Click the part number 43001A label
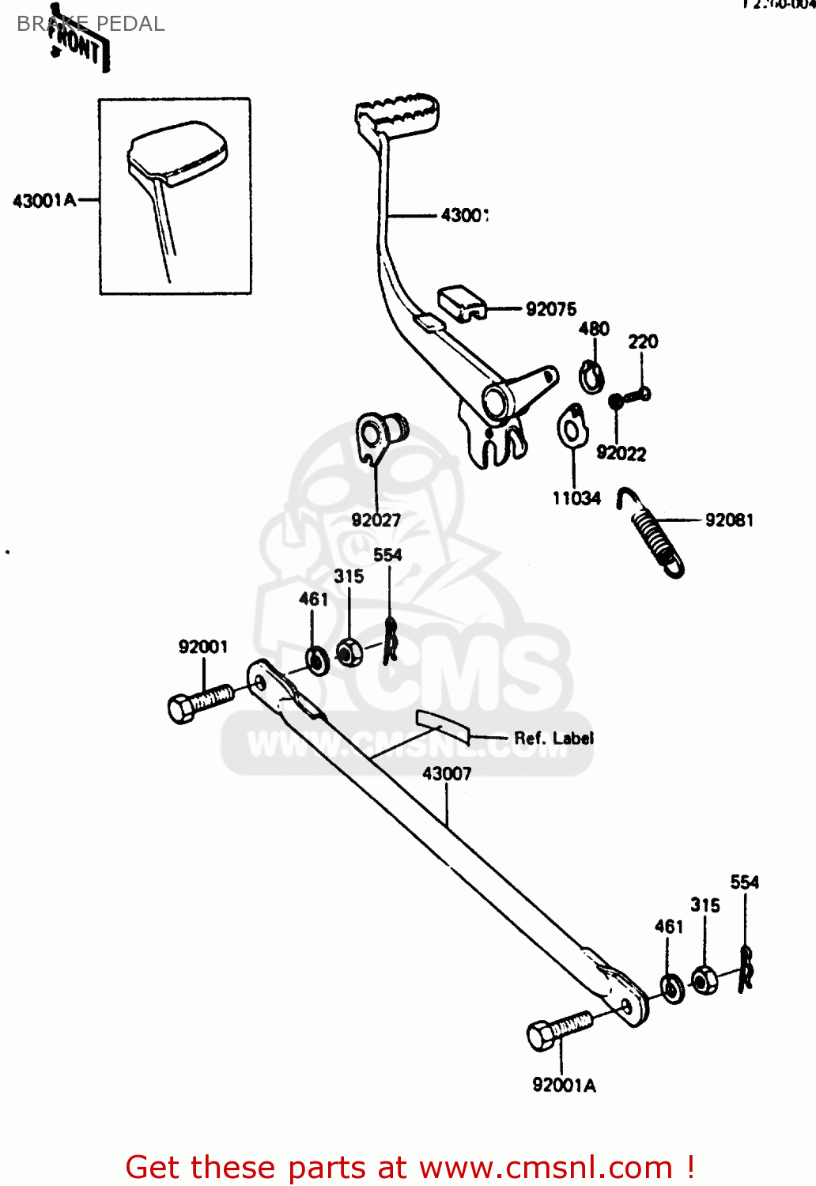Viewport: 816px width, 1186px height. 44,201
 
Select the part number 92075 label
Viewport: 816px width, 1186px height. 551,309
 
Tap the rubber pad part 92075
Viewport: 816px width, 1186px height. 462,303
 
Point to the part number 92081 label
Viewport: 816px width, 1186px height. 729,520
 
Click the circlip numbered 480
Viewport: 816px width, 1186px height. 589,376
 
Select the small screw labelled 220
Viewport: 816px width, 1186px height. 630,398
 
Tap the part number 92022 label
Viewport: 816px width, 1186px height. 621,453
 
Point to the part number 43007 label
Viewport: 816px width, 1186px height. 447,773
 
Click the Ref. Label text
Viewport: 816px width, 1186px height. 553,738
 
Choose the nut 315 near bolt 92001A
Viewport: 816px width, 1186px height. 704,980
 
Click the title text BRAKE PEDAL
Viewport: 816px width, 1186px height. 91,24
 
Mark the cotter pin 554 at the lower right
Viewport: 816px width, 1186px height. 746,969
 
